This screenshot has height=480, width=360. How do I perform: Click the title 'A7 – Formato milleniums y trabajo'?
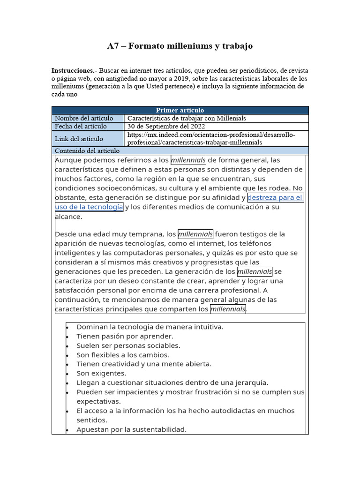click(x=180, y=46)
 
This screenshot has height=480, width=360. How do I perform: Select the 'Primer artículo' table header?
click(x=180, y=110)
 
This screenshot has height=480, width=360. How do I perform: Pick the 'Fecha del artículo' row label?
click(x=81, y=126)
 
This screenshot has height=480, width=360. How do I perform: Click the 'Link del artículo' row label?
click(x=79, y=138)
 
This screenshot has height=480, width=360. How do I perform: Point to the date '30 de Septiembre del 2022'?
click(x=166, y=126)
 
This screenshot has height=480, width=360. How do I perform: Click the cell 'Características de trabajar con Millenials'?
click(x=187, y=118)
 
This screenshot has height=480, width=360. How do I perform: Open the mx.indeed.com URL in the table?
click(x=211, y=138)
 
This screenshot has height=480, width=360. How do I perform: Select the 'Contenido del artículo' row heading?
click(x=87, y=151)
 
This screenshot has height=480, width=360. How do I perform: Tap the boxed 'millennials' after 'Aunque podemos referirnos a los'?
click(x=188, y=160)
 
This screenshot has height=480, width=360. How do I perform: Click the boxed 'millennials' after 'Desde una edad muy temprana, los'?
click(x=195, y=234)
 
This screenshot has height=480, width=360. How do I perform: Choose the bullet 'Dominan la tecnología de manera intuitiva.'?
click(x=150, y=327)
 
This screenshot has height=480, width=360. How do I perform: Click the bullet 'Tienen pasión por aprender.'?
click(x=125, y=336)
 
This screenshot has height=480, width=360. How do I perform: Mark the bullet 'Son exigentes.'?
click(x=101, y=373)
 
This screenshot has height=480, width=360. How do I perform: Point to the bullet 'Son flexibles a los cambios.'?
click(x=123, y=355)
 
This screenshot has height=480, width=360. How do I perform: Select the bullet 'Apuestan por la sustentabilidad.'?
click(x=131, y=429)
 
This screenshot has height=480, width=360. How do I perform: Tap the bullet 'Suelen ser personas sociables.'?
click(x=128, y=345)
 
